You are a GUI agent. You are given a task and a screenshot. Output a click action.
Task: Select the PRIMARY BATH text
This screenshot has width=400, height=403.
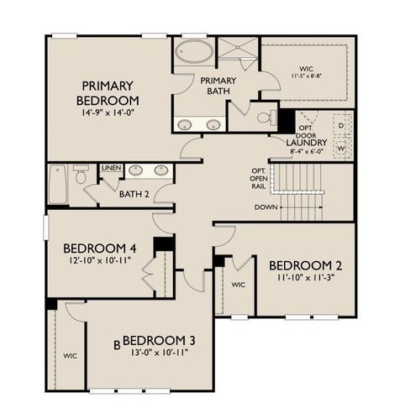coord(218,86)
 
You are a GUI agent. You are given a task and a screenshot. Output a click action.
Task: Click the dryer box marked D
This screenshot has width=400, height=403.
coord(341,125)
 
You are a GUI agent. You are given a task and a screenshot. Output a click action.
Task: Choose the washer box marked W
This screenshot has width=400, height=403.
coord(341,149)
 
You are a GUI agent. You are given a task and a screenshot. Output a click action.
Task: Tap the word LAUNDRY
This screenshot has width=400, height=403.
coord(307,143)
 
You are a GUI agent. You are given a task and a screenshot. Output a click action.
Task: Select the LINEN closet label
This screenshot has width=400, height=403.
coord(112,168)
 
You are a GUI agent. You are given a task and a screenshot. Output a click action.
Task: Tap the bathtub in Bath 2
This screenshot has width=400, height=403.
coord(57,185)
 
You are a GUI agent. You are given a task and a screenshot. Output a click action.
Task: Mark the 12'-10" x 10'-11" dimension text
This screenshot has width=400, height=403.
coord(102,262)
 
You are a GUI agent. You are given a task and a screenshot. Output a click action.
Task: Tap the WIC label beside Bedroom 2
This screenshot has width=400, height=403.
coord(238,285)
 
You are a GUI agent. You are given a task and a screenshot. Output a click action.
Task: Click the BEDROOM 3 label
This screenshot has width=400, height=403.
coord(160,340)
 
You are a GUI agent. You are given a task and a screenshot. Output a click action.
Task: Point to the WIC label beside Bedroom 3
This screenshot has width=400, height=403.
coord(69,356)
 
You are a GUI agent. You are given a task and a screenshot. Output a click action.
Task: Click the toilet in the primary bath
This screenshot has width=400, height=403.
coord(266,117)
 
